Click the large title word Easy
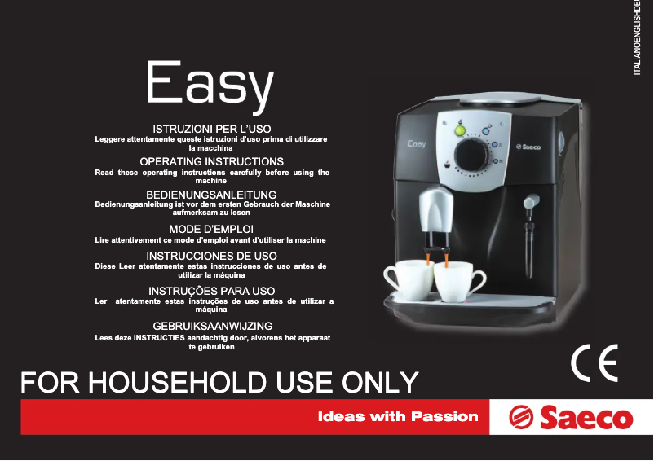click(210, 86)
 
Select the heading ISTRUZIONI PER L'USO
click(212, 129)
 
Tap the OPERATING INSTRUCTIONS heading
click(212, 161)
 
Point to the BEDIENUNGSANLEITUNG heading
click(211, 195)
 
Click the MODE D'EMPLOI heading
click(211, 229)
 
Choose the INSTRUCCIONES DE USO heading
click(211, 256)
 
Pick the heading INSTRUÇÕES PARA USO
click(212, 291)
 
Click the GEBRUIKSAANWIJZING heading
click(213, 326)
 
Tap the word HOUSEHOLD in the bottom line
click(177, 382)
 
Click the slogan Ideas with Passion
click(398, 416)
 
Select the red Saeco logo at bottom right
click(571, 417)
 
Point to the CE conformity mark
click(594, 362)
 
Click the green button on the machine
click(460, 131)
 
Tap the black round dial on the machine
click(471, 155)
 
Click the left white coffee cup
click(408, 279)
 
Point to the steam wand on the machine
click(530, 235)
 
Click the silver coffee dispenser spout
click(436, 210)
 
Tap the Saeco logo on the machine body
click(528, 147)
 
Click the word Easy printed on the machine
click(417, 144)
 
